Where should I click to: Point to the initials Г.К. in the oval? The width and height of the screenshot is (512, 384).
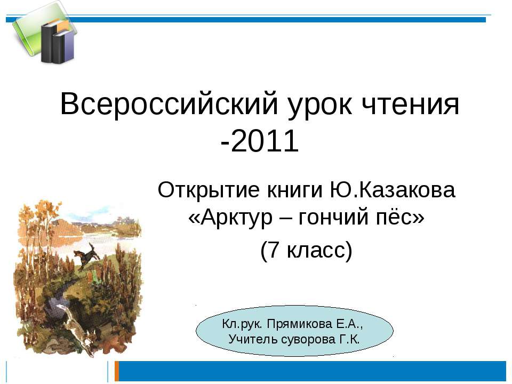point(349,339)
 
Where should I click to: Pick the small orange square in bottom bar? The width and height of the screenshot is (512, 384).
point(116,371)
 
